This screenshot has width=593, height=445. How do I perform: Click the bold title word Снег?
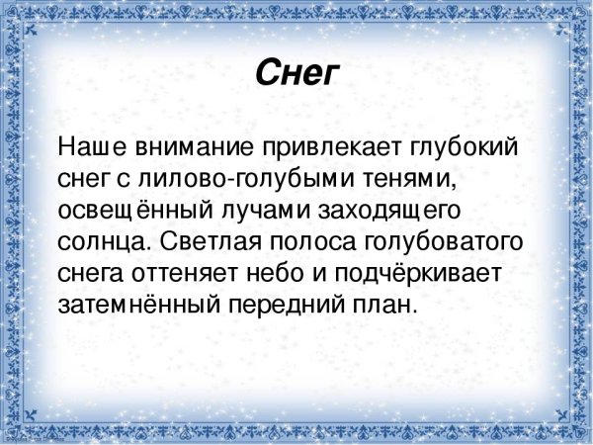pos(296,72)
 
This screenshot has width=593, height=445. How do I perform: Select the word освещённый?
pos(127,212)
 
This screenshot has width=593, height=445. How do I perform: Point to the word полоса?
pos(325,242)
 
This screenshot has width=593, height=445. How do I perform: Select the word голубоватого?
pos(454,242)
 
